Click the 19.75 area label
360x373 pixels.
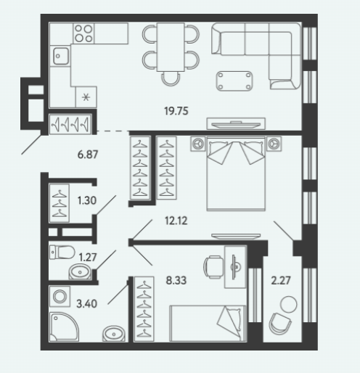176,111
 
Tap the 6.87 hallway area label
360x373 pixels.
88,155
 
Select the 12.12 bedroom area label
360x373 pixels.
176,221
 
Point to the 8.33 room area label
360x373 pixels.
176,280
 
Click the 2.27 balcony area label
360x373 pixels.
281,280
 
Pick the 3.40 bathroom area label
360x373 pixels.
86,303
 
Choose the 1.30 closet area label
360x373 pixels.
87,200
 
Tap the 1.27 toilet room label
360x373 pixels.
88,257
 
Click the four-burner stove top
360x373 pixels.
83,33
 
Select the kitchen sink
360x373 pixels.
61,56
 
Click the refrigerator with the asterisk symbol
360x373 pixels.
86,97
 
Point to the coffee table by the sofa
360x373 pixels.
234,81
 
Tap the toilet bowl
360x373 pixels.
62,253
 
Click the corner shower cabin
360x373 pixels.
64,327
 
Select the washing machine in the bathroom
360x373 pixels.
60,296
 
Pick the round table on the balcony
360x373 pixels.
288,304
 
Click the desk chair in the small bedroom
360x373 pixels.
213,267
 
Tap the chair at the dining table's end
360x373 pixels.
171,79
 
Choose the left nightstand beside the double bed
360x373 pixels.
198,144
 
